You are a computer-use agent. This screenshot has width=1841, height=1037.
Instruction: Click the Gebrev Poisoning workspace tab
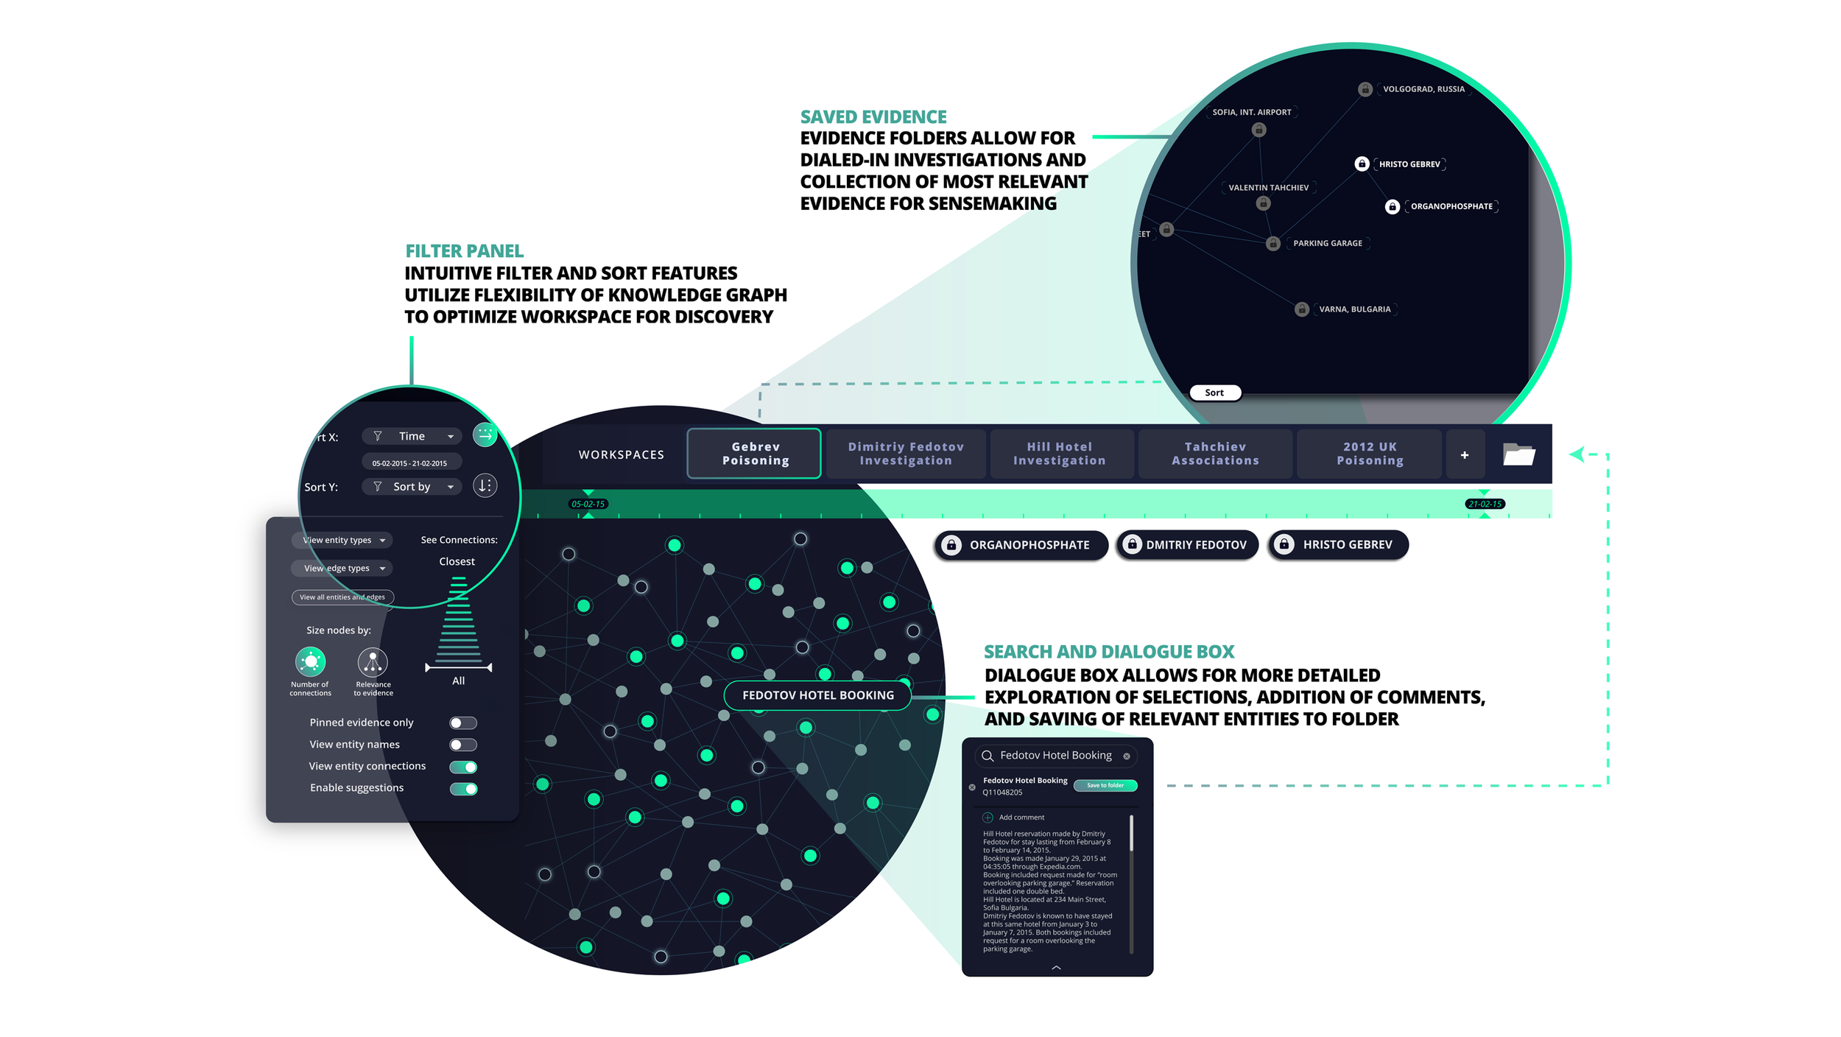click(755, 454)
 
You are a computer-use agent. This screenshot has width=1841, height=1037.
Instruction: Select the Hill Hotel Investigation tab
click(1059, 454)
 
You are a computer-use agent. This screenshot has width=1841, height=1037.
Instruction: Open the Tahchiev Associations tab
click(1215, 454)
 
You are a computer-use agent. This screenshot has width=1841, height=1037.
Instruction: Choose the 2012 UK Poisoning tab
click(1370, 454)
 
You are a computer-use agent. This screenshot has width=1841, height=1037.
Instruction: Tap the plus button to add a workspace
click(1464, 455)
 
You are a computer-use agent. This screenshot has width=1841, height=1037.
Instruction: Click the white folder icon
click(1518, 454)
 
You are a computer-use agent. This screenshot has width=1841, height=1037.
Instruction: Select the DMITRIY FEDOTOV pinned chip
click(1187, 545)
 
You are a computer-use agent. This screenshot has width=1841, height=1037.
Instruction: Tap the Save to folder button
click(1105, 785)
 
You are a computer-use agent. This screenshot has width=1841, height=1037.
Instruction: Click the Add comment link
click(1021, 818)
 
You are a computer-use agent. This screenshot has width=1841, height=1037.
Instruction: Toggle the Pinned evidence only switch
click(463, 723)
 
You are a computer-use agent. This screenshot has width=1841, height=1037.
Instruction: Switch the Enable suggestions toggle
click(463, 789)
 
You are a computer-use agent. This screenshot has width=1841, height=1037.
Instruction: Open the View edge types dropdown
click(342, 569)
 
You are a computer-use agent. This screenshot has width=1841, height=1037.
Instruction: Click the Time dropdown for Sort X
click(412, 437)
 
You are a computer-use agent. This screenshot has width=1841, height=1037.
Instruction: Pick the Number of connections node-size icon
click(310, 662)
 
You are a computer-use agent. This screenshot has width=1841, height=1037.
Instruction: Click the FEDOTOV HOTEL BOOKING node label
click(817, 695)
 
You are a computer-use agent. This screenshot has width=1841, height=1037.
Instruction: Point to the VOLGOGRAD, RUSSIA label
click(1423, 89)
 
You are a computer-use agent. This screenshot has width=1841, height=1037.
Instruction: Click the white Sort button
click(1214, 393)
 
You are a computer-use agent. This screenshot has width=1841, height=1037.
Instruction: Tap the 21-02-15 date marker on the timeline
click(1484, 505)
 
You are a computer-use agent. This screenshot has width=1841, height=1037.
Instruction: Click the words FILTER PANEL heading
click(465, 251)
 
